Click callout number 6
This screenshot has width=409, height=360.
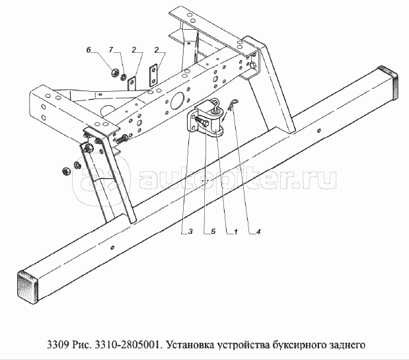click(88, 50)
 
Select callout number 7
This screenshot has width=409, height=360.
click(111, 50)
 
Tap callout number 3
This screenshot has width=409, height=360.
click(190, 232)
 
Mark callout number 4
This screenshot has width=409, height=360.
click(259, 232)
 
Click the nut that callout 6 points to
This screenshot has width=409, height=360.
click(114, 71)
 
